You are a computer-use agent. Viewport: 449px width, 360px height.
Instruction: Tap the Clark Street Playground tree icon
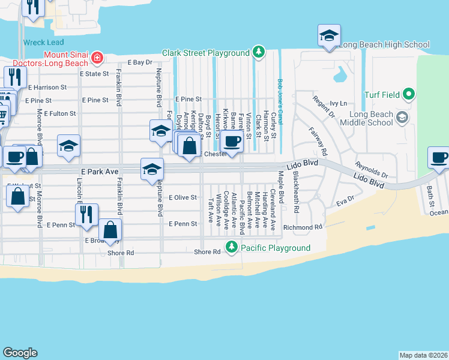point(259,52)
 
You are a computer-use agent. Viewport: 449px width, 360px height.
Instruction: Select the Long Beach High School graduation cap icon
point(329,35)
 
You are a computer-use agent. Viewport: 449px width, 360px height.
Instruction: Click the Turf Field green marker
point(409,94)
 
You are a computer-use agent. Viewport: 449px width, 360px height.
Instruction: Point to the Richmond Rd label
point(303,227)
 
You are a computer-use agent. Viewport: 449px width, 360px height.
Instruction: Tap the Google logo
point(20,353)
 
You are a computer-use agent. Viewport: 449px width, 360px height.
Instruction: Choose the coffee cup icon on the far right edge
point(438,157)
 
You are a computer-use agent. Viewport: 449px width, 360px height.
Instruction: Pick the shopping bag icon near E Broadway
point(110,229)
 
